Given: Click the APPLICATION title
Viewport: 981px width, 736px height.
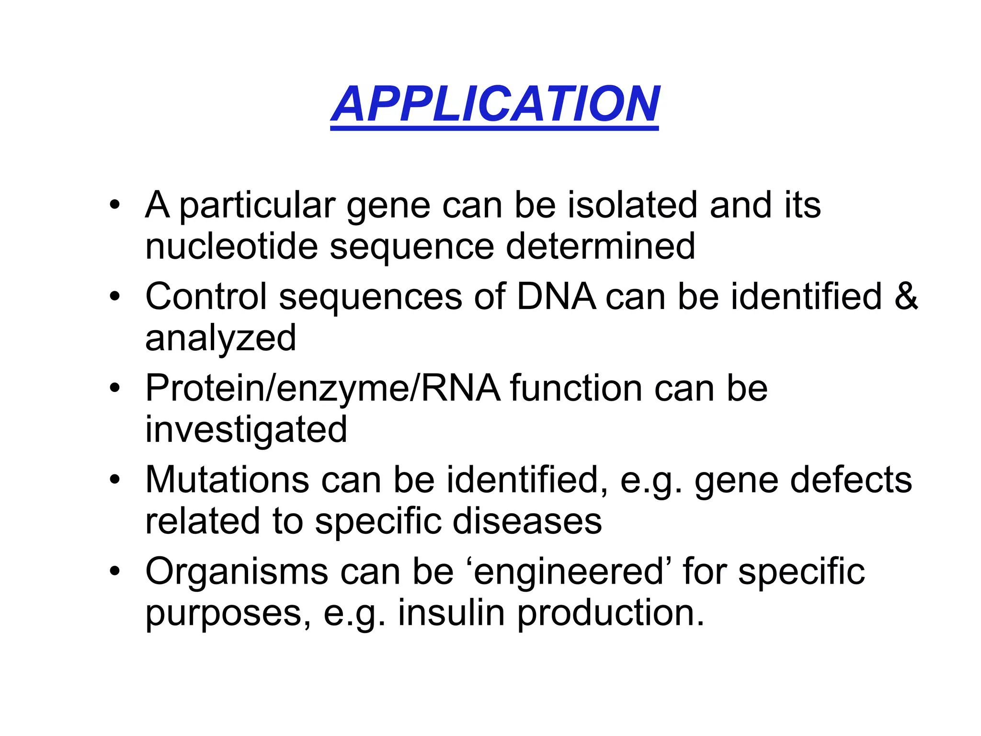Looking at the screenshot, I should coord(495,104).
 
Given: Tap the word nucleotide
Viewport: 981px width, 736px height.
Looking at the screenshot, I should coord(231,246).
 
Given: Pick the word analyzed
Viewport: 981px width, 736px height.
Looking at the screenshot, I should coord(220,338).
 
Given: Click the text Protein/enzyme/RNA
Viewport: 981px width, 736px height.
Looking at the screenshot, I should coord(322,388).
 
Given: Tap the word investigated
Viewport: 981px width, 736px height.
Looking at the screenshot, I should coord(246,429).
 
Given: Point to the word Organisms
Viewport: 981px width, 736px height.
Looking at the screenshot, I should coord(236,572).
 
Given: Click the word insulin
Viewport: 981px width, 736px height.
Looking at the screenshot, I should coord(451,613).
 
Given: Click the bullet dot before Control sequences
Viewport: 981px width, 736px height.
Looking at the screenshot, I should coord(114,297).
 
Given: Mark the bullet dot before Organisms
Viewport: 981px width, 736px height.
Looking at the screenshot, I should coord(114,571).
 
